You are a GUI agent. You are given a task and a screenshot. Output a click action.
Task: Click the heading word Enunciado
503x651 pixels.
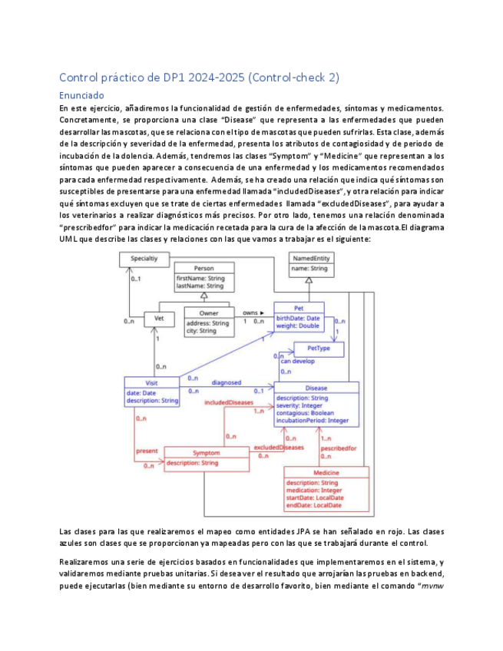point(81,96)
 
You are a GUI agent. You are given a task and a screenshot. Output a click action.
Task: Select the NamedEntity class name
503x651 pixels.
point(309,259)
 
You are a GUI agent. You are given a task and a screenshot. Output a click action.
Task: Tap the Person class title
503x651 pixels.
point(204,268)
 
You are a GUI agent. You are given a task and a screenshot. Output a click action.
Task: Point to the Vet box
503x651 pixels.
point(159,318)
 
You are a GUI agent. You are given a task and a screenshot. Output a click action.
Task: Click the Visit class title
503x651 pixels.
point(151,383)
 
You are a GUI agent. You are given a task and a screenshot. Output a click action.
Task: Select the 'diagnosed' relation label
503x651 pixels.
point(227,382)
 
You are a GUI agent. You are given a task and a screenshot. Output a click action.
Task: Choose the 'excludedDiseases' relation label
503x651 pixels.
point(279,446)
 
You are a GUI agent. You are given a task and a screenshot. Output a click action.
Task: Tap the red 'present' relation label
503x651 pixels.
point(146,450)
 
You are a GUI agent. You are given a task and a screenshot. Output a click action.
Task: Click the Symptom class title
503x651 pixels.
point(206,453)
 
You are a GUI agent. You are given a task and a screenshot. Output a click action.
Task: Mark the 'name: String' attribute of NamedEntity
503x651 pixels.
point(309,269)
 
